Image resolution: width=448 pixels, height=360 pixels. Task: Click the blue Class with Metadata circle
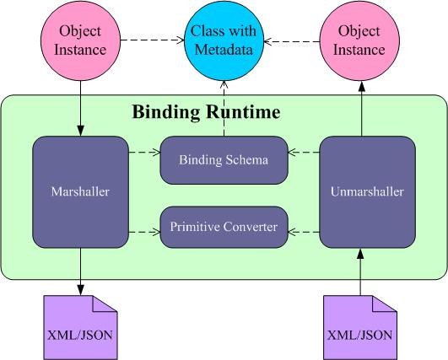[224, 40]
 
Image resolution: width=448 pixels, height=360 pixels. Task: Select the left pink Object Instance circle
[80, 40]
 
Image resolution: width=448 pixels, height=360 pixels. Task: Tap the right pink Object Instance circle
[359, 40]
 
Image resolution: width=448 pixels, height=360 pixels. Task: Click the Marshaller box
[80, 192]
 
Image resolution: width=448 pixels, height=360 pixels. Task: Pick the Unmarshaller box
[368, 192]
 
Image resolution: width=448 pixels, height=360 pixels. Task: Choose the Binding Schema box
[224, 160]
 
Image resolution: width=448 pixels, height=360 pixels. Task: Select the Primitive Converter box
[224, 227]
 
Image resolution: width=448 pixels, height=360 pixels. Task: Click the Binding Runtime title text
[206, 111]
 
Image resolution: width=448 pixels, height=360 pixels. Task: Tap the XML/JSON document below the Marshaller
[80, 327]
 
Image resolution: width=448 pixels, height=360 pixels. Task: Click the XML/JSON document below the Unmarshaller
[360, 327]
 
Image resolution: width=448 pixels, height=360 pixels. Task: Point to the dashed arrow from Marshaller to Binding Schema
[144, 152]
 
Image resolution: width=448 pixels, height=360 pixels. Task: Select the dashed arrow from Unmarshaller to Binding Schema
[304, 152]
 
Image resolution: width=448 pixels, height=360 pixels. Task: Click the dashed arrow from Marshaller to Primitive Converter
[144, 232]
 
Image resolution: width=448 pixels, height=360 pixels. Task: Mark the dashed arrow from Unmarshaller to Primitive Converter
[304, 232]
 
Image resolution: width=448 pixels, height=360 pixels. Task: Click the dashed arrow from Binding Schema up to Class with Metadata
[224, 109]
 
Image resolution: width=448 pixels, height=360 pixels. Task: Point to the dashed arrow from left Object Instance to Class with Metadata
[152, 40]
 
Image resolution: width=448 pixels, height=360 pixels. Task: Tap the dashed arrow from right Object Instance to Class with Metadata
[291, 41]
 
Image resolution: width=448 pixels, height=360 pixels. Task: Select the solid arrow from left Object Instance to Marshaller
[80, 108]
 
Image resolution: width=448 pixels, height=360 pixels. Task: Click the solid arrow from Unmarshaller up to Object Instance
[362, 109]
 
